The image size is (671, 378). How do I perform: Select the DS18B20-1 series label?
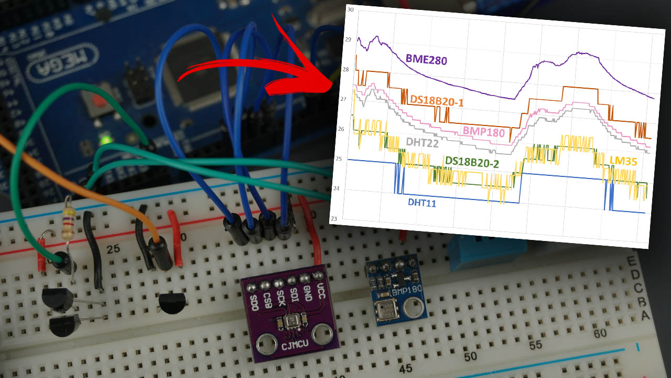437,100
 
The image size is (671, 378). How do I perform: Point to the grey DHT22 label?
422,142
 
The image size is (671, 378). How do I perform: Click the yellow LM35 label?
623,161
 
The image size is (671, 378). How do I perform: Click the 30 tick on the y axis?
350,9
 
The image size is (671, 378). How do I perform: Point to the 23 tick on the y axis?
334,218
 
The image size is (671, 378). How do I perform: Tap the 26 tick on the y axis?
341,129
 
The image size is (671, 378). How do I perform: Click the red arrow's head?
320,79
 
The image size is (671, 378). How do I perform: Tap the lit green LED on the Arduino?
106,140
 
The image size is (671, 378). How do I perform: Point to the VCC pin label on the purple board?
321,290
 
